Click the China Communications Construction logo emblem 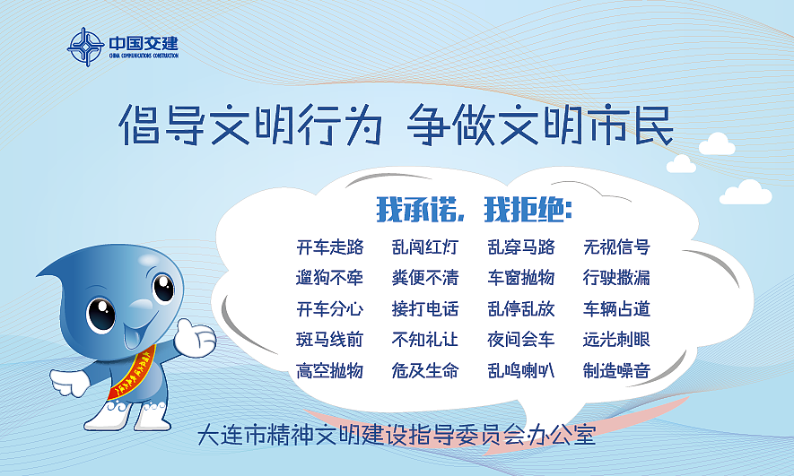[x=86, y=47]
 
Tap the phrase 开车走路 [x=329, y=247]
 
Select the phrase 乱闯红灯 [x=425, y=247]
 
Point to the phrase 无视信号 [x=616, y=247]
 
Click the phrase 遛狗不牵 [x=329, y=277]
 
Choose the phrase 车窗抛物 [x=521, y=277]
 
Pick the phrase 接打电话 [x=425, y=308]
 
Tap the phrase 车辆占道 [x=616, y=308]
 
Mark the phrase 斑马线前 [x=329, y=339]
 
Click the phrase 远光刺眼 [x=616, y=339]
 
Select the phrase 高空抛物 [x=329, y=370]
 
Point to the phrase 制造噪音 [x=616, y=370]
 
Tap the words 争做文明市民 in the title [x=539, y=126]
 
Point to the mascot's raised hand [x=196, y=335]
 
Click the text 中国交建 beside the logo [x=144, y=42]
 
